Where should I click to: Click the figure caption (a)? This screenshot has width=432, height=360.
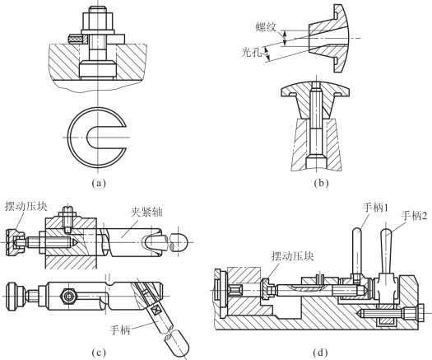(99, 184)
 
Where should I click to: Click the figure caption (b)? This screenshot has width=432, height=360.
(321, 184)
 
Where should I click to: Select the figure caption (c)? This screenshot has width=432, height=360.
(99, 353)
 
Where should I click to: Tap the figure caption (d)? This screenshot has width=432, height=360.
(320, 353)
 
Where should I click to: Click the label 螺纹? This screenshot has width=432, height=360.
(266, 27)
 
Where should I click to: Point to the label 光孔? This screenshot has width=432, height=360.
(251, 52)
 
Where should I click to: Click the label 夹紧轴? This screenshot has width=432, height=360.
(146, 213)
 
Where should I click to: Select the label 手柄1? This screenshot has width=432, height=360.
(375, 208)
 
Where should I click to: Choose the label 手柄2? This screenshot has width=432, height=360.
(416, 216)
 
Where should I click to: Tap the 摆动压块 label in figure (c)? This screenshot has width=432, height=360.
(26, 207)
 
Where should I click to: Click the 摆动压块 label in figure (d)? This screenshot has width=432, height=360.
(293, 256)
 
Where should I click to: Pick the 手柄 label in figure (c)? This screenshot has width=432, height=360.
(120, 330)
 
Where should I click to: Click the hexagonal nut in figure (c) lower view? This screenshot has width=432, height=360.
(67, 297)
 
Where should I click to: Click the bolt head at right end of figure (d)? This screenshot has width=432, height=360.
(420, 313)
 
